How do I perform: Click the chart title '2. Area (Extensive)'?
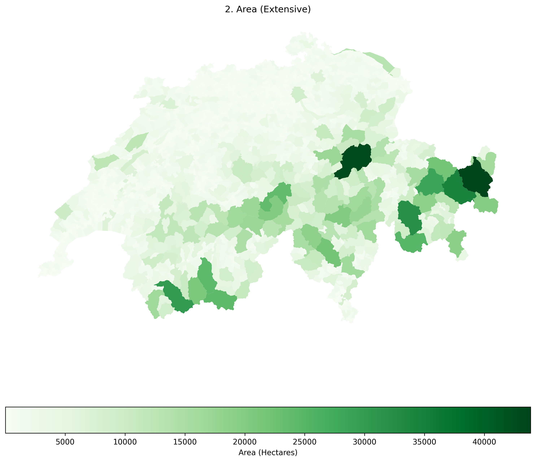[x=268, y=9]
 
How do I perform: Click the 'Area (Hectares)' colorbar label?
[x=268, y=452]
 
